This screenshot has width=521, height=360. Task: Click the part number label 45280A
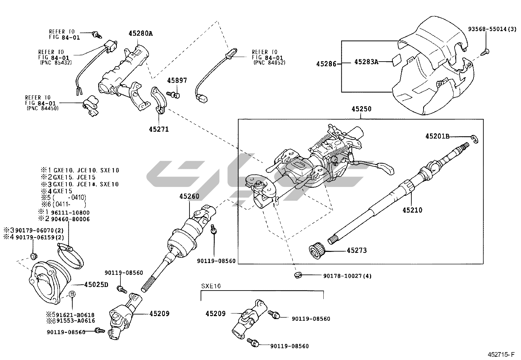tap(140, 33)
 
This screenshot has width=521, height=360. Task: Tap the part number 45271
tap(159, 129)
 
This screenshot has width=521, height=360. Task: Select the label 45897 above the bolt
tap(177, 81)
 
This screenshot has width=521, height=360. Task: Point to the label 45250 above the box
tap(361, 109)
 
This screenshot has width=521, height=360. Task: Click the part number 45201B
tap(437, 136)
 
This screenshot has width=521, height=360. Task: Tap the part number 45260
tap(189, 196)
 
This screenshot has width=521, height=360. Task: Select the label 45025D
tap(96, 284)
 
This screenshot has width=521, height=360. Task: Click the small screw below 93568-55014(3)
tap(485, 51)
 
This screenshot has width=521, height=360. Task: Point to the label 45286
tap(326, 64)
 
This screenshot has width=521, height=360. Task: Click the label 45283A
tap(366, 62)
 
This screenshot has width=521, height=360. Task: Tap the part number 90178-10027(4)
tap(347, 276)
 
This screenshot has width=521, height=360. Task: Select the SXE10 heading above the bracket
tap(211, 286)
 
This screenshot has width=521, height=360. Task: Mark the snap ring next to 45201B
tap(475, 139)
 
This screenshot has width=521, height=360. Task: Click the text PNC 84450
tap(42, 108)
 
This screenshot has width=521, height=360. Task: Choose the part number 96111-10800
tap(70, 212)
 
